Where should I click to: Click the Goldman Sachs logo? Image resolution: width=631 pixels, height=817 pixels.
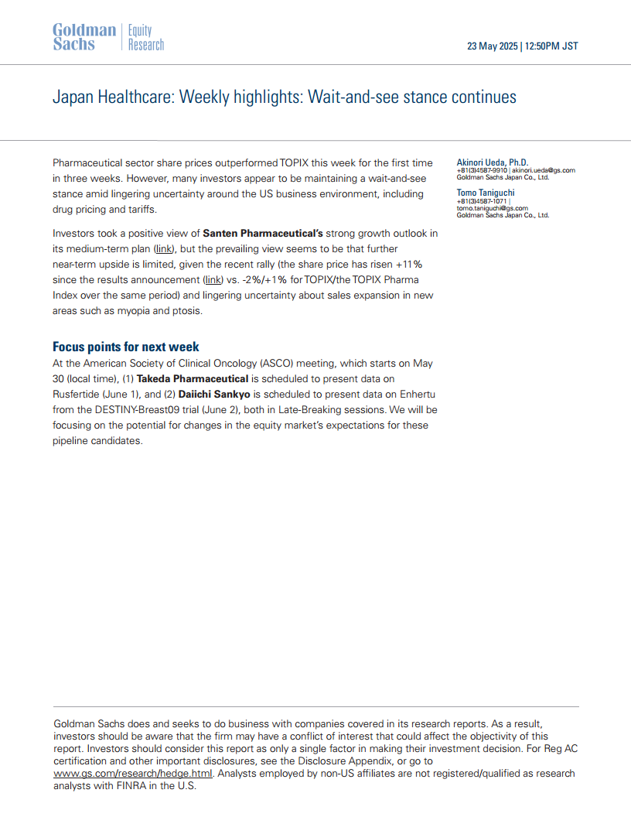point(84,37)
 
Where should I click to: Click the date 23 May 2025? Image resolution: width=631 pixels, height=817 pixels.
point(492,46)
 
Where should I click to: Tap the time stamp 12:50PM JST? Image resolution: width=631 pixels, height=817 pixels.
point(551,46)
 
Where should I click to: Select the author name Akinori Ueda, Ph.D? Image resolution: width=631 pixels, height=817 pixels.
point(493,162)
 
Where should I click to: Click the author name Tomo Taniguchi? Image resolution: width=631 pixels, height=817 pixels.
point(486,193)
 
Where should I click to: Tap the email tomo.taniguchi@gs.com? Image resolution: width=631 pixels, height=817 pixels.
point(493,208)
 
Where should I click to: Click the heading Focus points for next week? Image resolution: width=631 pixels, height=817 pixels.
point(125,347)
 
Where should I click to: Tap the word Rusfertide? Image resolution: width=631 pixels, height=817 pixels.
point(76,395)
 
